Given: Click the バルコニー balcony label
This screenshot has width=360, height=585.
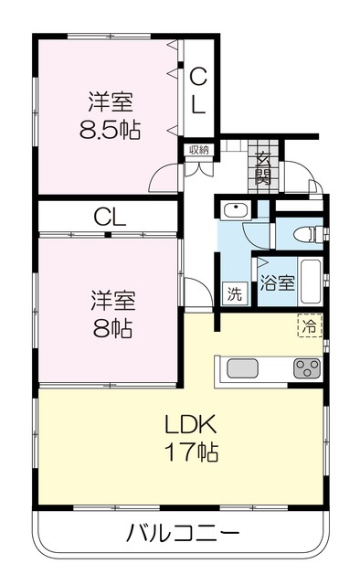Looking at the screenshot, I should point(182,533).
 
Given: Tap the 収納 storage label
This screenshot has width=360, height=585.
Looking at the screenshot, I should point(199,150).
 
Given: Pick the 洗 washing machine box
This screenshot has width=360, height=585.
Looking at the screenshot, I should point(234,295).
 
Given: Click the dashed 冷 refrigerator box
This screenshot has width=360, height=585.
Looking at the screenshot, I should point(312,324).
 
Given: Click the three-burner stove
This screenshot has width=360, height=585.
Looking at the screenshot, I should point(305,368).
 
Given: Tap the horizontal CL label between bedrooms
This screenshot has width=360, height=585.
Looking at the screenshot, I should point(110,218).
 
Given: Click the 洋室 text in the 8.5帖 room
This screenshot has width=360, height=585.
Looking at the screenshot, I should point(108,99).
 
